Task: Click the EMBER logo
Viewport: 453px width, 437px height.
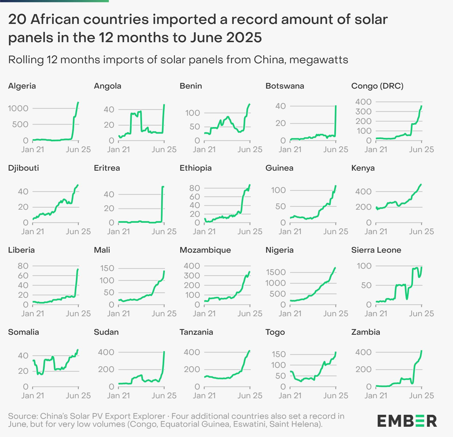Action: tap(407, 421)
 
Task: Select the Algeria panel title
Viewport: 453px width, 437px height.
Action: tap(22, 86)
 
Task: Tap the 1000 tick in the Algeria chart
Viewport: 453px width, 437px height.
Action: tap(18, 109)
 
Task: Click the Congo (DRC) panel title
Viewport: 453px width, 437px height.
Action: tap(377, 86)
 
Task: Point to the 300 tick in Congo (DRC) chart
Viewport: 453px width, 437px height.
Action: tap(363, 112)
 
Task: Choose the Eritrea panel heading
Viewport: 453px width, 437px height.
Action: tap(107, 168)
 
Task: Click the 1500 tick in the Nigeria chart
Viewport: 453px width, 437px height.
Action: tap(276, 272)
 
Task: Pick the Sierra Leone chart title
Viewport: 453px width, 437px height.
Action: tap(376, 250)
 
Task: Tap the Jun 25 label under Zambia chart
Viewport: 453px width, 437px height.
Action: tap(421, 396)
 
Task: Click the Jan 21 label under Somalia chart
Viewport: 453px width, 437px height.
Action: tap(33, 396)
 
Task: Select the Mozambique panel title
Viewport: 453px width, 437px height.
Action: tap(205, 250)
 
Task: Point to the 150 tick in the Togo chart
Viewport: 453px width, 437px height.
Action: tap(278, 354)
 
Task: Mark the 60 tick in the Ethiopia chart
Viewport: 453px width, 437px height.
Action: tap(195, 197)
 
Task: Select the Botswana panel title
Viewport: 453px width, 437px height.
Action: tap(285, 86)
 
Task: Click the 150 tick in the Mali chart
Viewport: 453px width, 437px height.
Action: tap(107, 268)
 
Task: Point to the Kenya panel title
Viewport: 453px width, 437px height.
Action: tap(363, 168)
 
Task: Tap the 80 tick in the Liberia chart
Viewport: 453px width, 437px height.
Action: tap(23, 266)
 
